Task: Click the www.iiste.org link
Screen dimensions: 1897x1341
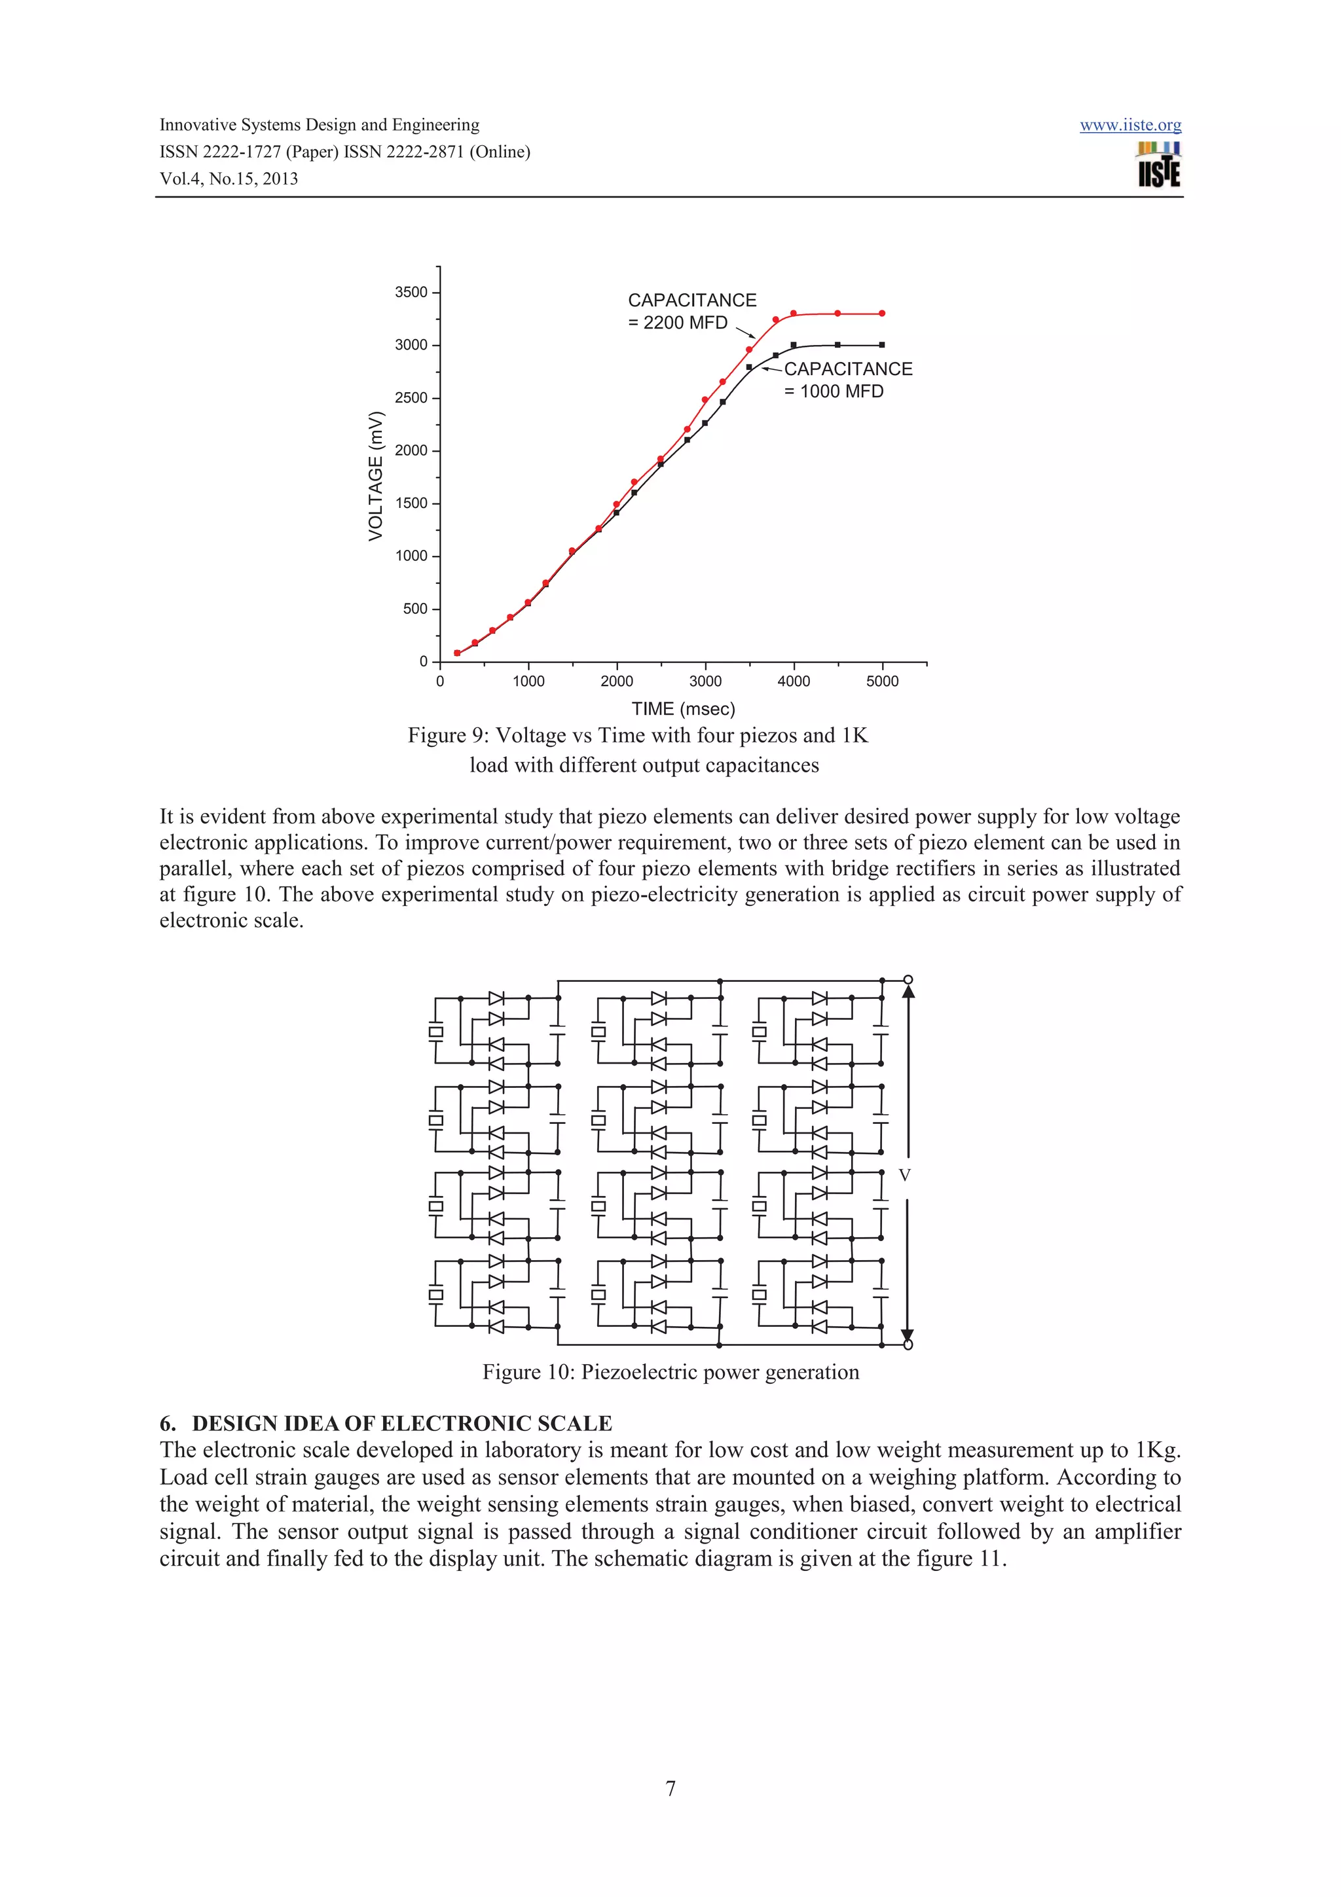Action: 1130,125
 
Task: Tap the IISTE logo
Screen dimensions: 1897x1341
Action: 1158,164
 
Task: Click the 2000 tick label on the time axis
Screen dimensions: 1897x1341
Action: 616,681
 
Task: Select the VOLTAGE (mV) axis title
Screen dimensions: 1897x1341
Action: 376,476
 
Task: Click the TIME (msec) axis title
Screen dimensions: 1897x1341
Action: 682,708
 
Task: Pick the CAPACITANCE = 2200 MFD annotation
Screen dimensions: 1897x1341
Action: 691,312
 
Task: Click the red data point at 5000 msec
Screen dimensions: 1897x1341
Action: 881,313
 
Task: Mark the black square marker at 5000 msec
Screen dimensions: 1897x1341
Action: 881,344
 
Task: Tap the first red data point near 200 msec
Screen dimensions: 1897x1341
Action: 457,653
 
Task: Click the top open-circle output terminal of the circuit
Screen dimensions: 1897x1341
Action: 908,980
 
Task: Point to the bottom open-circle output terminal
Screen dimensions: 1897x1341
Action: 908,1345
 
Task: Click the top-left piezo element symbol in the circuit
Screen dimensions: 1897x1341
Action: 435,1031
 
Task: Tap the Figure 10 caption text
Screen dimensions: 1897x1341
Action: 670,1373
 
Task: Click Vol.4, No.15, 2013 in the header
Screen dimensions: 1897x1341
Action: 229,179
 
